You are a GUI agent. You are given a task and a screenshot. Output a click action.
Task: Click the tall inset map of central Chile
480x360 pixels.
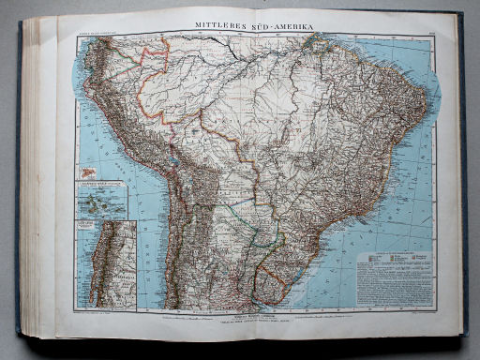click(x=105, y=265)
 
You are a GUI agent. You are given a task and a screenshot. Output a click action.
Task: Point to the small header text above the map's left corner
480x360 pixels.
click(x=94, y=33)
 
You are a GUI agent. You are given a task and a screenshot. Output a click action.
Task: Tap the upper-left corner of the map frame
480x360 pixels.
click(x=75, y=37)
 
